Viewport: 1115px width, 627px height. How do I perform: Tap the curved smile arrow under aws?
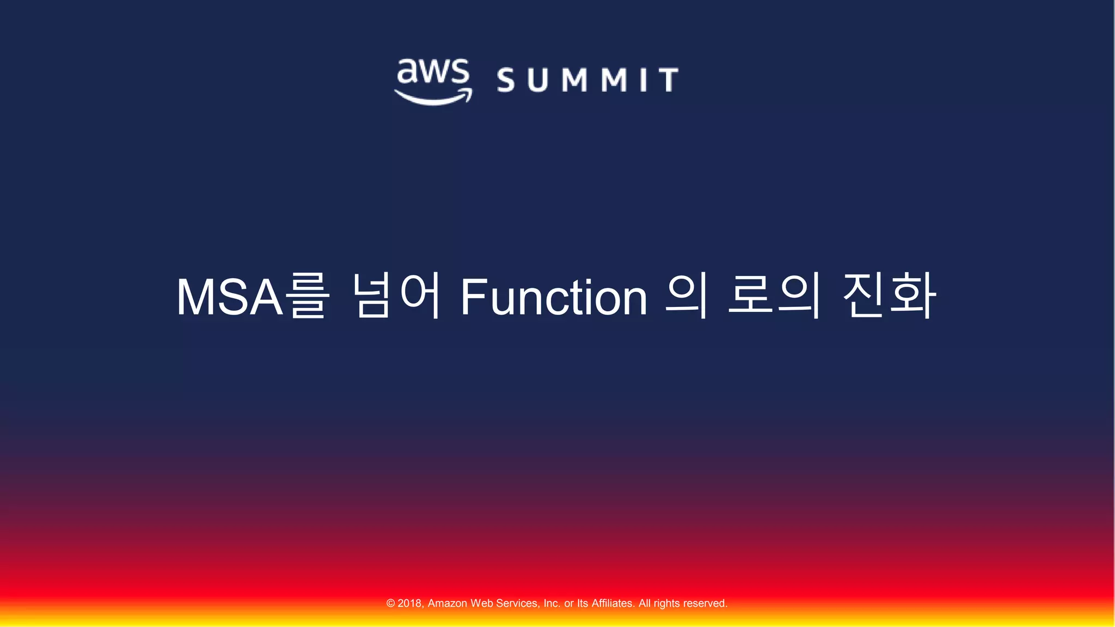433,99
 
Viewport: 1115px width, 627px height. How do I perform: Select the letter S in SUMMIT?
506,80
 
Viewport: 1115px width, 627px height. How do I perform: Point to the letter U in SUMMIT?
537,80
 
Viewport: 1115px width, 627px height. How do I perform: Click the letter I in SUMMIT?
644,80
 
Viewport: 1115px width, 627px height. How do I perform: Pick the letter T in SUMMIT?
668,80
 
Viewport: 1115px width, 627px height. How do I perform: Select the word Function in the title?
554,297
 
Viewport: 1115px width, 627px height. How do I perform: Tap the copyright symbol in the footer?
390,603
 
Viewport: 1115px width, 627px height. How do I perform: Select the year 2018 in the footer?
410,603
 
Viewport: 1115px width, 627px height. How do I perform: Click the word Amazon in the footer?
448,603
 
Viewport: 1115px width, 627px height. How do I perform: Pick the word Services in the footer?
518,603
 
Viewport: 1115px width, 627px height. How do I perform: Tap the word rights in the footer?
666,603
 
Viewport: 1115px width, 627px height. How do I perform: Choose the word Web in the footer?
482,603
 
